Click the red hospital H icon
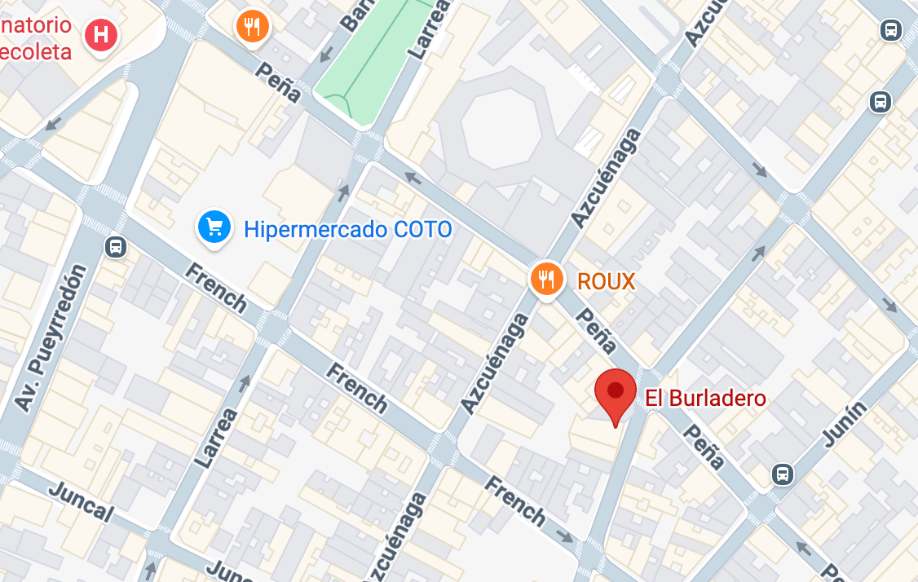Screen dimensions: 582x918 coord(102,35)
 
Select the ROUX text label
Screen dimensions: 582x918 coord(606,282)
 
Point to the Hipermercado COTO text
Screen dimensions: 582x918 coord(348,230)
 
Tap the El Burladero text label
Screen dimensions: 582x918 coord(706,399)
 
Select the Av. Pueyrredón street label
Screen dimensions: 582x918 coord(51,337)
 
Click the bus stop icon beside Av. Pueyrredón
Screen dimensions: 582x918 coord(116,246)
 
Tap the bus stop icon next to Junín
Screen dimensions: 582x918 coord(783,473)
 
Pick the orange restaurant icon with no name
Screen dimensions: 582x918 coord(253,27)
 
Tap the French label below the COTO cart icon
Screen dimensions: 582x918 coord(215,288)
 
